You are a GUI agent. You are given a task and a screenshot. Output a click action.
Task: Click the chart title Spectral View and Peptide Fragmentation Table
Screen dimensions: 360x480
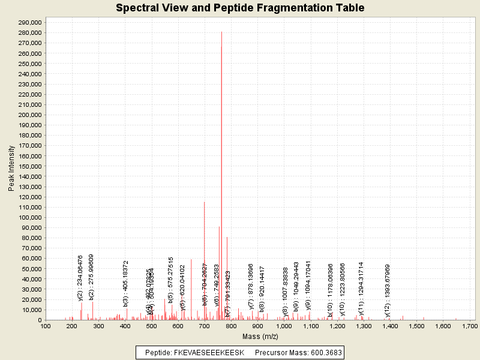[240, 8]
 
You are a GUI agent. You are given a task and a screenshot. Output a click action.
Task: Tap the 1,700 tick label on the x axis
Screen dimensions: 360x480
[469, 326]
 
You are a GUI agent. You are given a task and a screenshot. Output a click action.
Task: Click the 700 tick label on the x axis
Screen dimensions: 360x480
[204, 326]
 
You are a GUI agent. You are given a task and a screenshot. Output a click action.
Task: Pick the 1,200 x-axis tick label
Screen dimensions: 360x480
[337, 326]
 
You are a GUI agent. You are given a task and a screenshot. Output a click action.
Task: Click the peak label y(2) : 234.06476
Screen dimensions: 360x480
[80, 277]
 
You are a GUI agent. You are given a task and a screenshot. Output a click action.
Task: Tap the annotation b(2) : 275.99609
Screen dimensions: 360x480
[91, 276]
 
